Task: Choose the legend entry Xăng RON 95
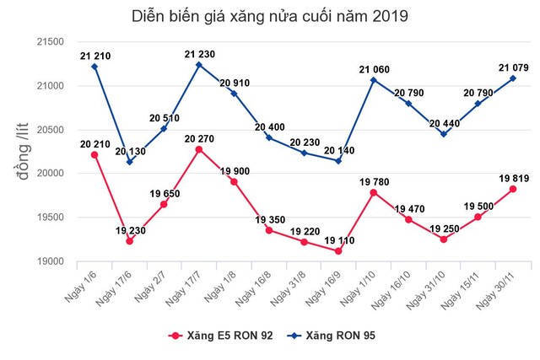[x=328, y=336]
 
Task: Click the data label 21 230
[x=197, y=55]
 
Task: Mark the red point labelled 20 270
[x=198, y=149]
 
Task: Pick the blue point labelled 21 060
[x=372, y=80]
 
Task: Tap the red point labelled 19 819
[x=513, y=189]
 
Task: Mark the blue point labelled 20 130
[x=129, y=162]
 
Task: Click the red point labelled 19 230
[x=129, y=241]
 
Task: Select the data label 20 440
[x=442, y=123]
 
